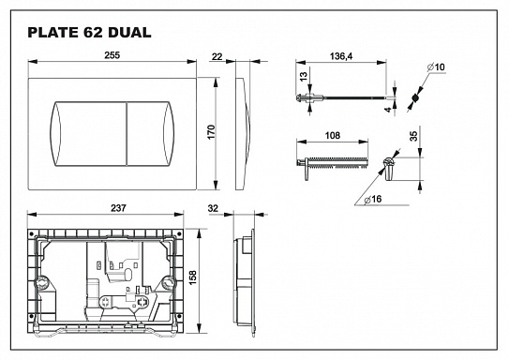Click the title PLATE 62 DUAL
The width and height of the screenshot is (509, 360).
pos(89,33)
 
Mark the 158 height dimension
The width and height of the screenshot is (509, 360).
pos(193,278)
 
